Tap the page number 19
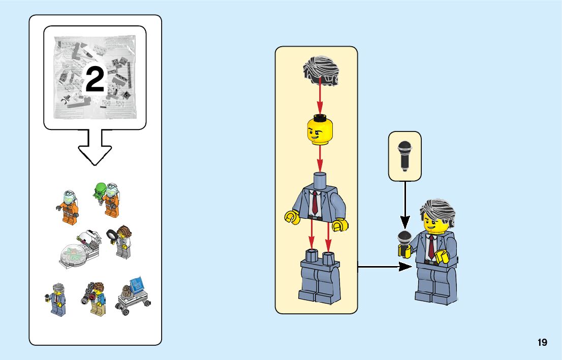542,343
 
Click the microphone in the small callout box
405,155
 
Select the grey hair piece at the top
321,69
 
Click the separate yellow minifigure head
319,130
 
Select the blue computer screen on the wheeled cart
137,284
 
